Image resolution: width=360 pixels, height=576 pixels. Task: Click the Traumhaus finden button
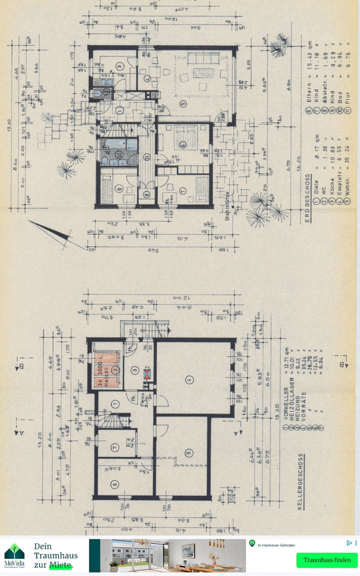click(x=326, y=560)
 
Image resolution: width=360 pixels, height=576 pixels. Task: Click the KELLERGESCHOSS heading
click(x=300, y=480)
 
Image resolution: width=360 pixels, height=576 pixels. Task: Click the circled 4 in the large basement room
click(x=188, y=379)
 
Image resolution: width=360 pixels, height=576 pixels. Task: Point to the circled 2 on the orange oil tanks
click(x=115, y=369)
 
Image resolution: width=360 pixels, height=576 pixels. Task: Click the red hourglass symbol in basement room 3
click(x=146, y=373)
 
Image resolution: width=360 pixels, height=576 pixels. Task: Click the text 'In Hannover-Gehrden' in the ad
click(x=276, y=545)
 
